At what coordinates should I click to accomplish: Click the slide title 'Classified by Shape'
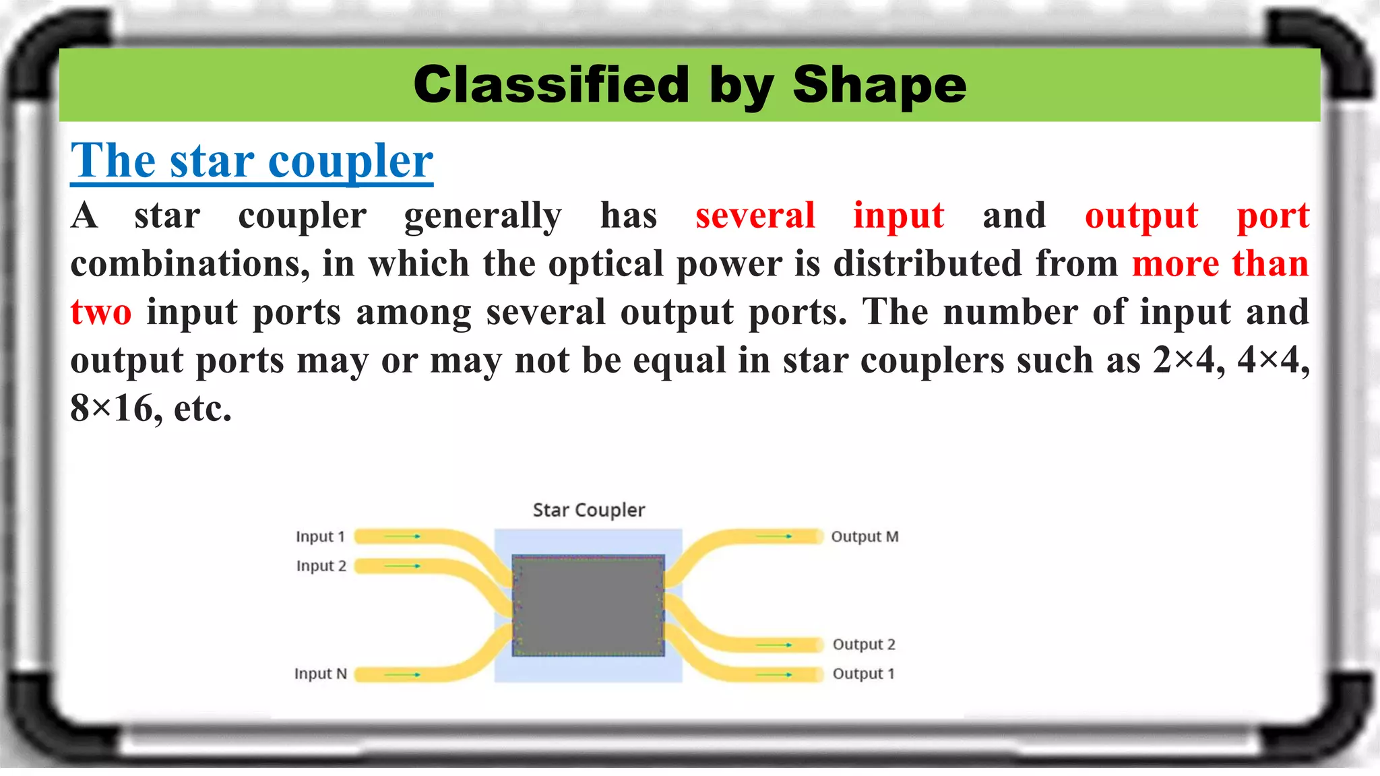[689, 86]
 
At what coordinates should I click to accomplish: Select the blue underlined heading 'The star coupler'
[251, 162]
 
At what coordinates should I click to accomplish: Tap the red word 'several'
[755, 216]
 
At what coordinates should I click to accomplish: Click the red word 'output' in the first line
[1141, 216]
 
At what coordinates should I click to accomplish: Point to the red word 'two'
[101, 313]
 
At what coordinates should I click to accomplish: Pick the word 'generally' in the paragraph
[482, 216]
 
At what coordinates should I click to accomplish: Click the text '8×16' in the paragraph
[112, 408]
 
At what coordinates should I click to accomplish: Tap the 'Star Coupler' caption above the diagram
[588, 510]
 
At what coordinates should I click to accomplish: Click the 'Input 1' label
[320, 537]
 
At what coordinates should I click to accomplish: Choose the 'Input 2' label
[321, 566]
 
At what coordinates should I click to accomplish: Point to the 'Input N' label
[320, 674]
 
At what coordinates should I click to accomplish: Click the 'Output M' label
[865, 537]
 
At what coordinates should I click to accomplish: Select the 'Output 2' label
[864, 645]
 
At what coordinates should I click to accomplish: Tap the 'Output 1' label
[863, 674]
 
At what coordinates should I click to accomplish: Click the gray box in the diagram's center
[588, 605]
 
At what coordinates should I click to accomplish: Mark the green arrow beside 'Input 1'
[403, 536]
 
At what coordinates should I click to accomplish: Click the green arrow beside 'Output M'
[774, 536]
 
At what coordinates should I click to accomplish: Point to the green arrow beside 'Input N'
[403, 674]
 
